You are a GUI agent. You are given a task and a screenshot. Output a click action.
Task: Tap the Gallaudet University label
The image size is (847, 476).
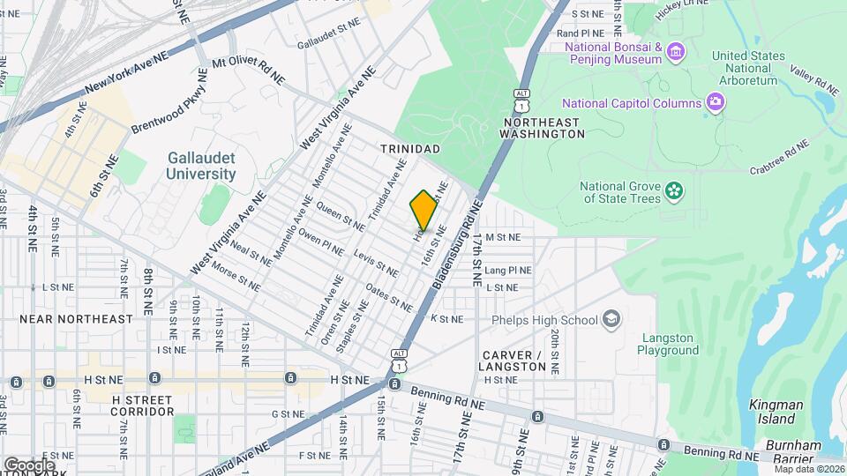pos(201,166)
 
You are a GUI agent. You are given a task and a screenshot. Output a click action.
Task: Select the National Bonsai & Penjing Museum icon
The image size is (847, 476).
pos(677,52)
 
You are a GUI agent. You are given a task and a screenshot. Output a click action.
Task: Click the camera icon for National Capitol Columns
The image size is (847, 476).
pos(716,103)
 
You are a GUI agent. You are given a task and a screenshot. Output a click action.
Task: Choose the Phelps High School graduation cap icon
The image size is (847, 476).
pos(611,319)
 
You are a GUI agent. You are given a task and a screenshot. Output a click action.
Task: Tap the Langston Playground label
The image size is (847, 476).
pos(668,343)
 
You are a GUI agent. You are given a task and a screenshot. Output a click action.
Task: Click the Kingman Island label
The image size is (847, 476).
pos(776,412)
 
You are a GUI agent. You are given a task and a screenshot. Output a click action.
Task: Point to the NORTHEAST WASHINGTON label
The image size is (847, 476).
pos(542,128)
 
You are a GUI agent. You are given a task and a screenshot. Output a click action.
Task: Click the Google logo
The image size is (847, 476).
pos(28,465)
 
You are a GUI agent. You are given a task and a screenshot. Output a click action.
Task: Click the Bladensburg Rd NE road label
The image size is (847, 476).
pos(456,245)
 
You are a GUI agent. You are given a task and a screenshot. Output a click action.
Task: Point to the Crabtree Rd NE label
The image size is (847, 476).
pos(779,158)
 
